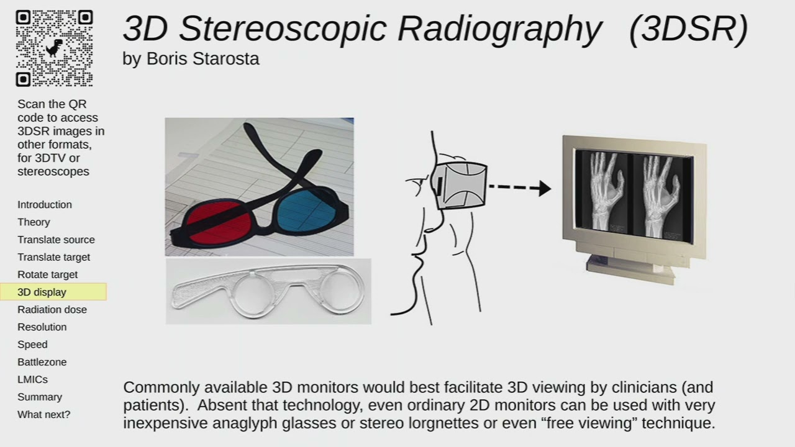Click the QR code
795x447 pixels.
[x=54, y=48]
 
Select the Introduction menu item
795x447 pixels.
[x=45, y=205]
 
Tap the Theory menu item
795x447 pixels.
[x=34, y=222]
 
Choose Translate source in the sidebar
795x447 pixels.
[x=56, y=240]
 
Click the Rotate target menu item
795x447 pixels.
[x=47, y=274]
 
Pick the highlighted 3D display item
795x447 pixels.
[x=42, y=292]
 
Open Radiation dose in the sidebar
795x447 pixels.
[x=52, y=310]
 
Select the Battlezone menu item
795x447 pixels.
[x=42, y=362]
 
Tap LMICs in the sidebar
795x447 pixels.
[x=32, y=379]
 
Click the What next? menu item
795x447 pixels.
[x=43, y=414]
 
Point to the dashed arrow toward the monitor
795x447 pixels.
[x=519, y=187]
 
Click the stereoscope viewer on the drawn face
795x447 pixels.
[x=461, y=185]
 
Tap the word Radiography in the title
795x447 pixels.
[x=499, y=29]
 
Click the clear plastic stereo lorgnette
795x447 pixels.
[x=268, y=292]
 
